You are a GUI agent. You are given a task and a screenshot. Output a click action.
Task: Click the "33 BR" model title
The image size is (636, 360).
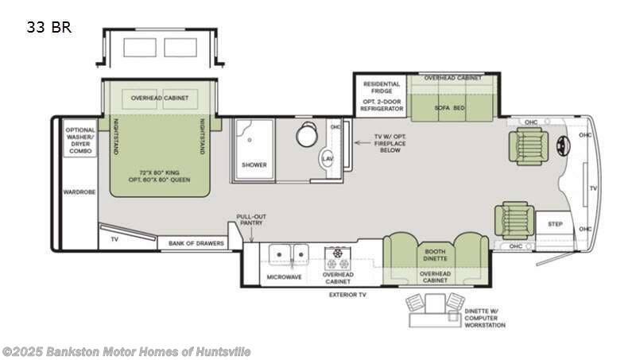[49, 28]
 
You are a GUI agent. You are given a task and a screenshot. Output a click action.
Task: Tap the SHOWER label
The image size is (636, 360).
[254, 165]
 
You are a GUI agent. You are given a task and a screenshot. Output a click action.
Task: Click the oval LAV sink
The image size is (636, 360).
[328, 159]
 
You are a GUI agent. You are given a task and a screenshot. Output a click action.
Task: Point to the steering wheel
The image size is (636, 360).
[564, 144]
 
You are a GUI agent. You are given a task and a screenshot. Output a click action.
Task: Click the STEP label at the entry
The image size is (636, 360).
[555, 224]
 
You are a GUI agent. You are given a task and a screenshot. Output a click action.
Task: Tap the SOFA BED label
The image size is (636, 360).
[449, 108]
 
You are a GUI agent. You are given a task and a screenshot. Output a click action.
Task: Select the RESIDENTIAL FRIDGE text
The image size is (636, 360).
[382, 87]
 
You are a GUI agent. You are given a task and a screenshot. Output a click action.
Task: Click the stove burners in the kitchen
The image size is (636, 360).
[337, 258]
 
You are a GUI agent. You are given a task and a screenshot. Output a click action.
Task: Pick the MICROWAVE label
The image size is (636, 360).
[285, 277]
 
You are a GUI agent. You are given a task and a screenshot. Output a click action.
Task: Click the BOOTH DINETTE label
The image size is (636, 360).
[435, 255]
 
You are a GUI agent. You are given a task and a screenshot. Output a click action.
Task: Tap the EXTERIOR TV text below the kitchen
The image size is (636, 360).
[347, 295]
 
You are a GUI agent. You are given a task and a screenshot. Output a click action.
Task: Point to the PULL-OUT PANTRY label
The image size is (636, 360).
[251, 219]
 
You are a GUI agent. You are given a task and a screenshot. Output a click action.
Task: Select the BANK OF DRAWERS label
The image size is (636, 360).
[196, 243]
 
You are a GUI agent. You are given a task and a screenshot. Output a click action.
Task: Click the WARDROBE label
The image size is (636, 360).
[79, 192]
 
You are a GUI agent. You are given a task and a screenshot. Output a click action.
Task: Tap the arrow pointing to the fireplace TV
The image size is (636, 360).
[363, 143]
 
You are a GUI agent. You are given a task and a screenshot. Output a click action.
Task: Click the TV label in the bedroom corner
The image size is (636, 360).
[114, 239]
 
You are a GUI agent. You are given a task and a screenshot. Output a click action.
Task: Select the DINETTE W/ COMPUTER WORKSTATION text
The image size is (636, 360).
[485, 318]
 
